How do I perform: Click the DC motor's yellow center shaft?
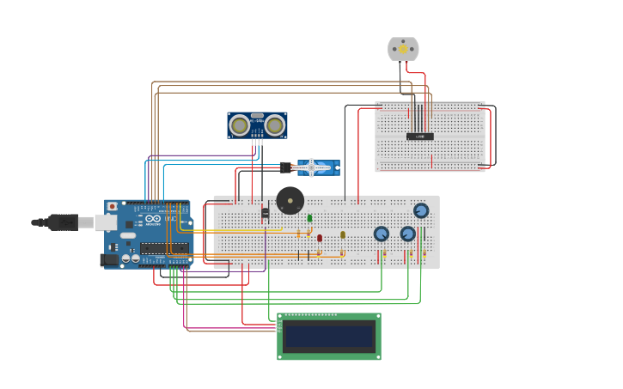pyautogui.click(x=403, y=49)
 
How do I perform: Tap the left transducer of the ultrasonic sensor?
pyautogui.click(x=240, y=125)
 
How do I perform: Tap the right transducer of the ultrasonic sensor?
pyautogui.click(x=274, y=125)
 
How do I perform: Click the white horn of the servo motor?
pyautogui.click(x=311, y=167)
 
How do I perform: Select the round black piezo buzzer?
pyautogui.click(x=290, y=201)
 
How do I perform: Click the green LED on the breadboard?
pyautogui.click(x=309, y=218)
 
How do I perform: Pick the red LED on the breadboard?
pyautogui.click(x=320, y=238)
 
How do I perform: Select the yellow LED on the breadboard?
pyautogui.click(x=342, y=234)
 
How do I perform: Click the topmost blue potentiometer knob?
pyautogui.click(x=421, y=210)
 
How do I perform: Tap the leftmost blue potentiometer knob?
pyautogui.click(x=382, y=234)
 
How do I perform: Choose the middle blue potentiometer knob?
pyautogui.click(x=408, y=234)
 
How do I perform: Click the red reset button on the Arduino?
pyautogui.click(x=112, y=207)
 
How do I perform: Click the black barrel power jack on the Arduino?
pyautogui.click(x=109, y=259)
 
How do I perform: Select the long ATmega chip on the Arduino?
pyautogui.click(x=164, y=248)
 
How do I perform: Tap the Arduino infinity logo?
pyautogui.click(x=152, y=219)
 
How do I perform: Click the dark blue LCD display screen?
pyautogui.click(x=329, y=336)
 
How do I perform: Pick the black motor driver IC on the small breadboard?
pyautogui.click(x=419, y=136)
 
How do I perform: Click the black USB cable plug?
pyautogui.click(x=63, y=222)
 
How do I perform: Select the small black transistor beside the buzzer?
pyautogui.click(x=265, y=212)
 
